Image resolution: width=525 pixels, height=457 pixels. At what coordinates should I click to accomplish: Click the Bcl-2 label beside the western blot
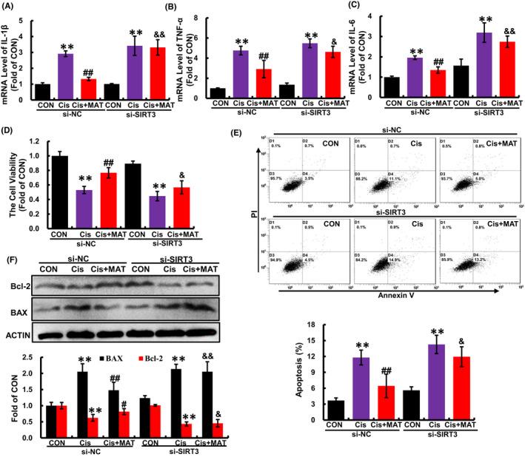pyautogui.click(x=18, y=285)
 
